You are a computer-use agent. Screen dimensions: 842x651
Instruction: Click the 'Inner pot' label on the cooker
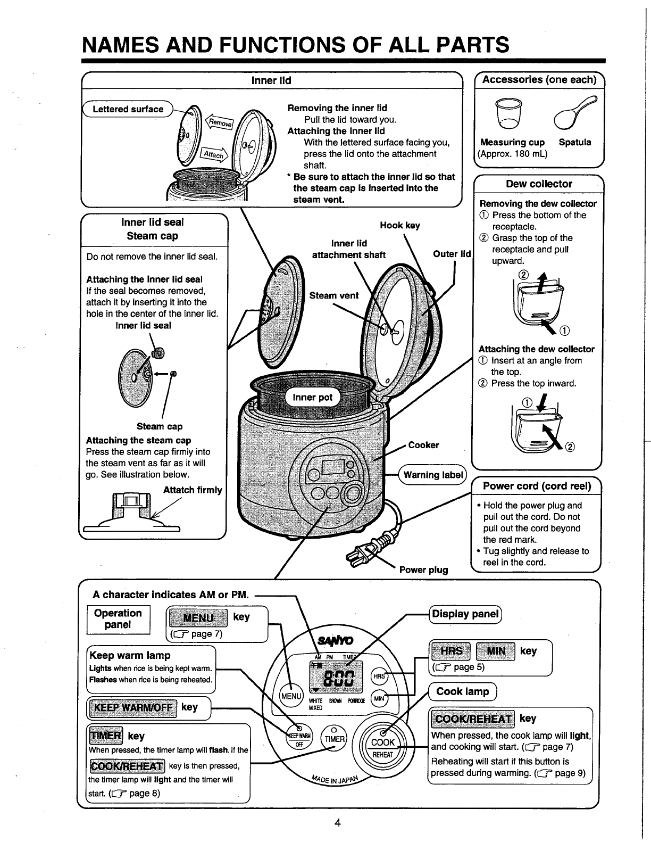313,398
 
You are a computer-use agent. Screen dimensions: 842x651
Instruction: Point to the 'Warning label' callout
432,475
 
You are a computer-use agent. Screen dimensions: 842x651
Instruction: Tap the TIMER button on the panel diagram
335,739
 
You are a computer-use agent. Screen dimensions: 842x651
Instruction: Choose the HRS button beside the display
378,675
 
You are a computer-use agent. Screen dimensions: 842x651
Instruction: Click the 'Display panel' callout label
465,614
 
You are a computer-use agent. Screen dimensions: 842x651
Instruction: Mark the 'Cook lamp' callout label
462,691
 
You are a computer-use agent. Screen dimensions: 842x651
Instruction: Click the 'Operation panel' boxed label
118,619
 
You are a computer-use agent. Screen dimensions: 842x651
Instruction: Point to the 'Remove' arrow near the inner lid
219,123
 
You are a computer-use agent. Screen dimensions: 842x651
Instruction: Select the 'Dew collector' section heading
539,184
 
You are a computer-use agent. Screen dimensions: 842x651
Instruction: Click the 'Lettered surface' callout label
128,109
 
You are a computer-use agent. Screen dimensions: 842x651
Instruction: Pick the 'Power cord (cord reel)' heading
537,486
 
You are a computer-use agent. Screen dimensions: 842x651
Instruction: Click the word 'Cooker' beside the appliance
423,445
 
